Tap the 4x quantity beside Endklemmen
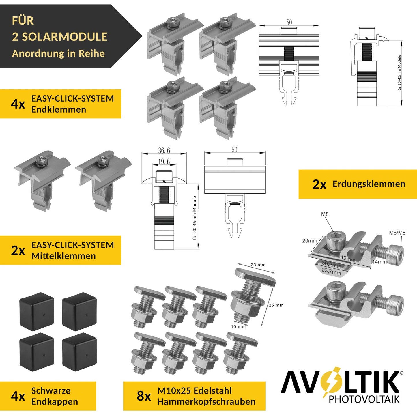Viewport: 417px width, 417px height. point(18,104)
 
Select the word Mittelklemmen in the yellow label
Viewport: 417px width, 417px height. point(63,256)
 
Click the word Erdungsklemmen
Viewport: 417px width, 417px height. point(369,184)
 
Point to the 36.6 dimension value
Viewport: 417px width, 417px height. point(164,150)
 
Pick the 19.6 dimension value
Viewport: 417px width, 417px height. point(164,162)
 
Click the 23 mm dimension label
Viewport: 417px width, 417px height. point(258,265)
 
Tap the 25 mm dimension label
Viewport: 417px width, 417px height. point(276,305)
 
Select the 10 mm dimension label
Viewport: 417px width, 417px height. point(238,327)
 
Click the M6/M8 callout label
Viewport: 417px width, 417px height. point(397,233)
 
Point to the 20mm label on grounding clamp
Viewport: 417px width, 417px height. point(309,241)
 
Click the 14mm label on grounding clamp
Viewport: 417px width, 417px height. point(379,262)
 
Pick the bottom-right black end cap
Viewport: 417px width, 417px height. point(79,352)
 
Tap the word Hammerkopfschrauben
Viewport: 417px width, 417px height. point(206,401)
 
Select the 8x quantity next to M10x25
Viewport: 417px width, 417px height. point(144,396)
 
